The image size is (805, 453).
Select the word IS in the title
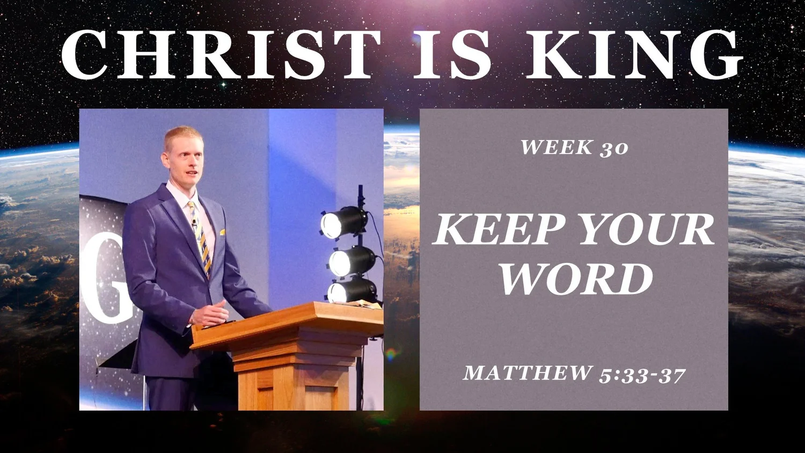pyautogui.click(x=452, y=55)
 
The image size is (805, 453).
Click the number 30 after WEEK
pyautogui.click(x=613, y=148)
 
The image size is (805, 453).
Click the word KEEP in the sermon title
pyautogui.click(x=499, y=230)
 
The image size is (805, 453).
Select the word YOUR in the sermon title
pyautogui.click(x=647, y=230)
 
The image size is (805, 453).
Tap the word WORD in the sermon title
pyautogui.click(x=576, y=279)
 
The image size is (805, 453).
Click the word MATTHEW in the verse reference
pyautogui.click(x=528, y=372)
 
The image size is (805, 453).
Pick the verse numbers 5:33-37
pyautogui.click(x=642, y=375)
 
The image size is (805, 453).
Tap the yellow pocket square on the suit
pyautogui.click(x=222, y=232)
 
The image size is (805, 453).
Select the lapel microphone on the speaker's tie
pyautogui.click(x=194, y=222)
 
